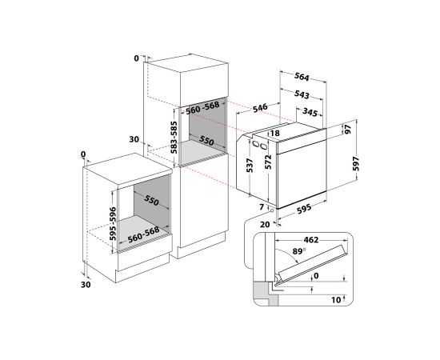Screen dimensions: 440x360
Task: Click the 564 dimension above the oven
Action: pos(302,76)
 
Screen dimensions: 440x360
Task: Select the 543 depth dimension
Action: pos(302,94)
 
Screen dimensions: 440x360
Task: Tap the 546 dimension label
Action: pos(260,108)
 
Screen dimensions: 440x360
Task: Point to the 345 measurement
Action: pos(310,112)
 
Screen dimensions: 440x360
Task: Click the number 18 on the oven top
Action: pos(275,133)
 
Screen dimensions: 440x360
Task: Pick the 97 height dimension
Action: pos(348,129)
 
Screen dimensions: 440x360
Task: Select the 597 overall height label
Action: pos(356,163)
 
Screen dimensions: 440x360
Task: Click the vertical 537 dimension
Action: pos(250,166)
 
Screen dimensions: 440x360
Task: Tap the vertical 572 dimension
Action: pos(269,162)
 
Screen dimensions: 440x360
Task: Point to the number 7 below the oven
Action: pos(262,207)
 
